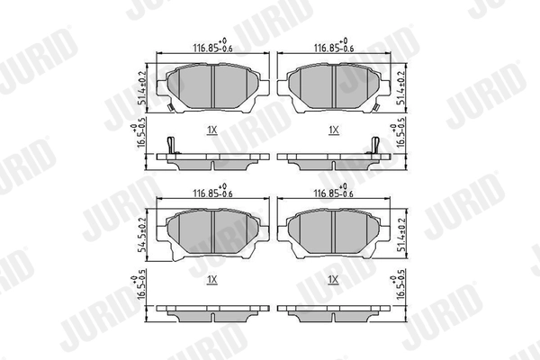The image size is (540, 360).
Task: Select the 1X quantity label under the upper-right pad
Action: coord(333,130)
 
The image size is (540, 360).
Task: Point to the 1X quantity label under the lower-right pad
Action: coord(333,279)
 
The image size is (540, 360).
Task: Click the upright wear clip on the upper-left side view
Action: coord(172,145)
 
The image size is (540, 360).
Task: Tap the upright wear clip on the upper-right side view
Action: coord(373,145)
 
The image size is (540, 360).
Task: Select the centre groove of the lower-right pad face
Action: coord(334,230)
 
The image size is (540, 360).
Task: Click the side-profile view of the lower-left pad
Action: coord(212,313)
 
